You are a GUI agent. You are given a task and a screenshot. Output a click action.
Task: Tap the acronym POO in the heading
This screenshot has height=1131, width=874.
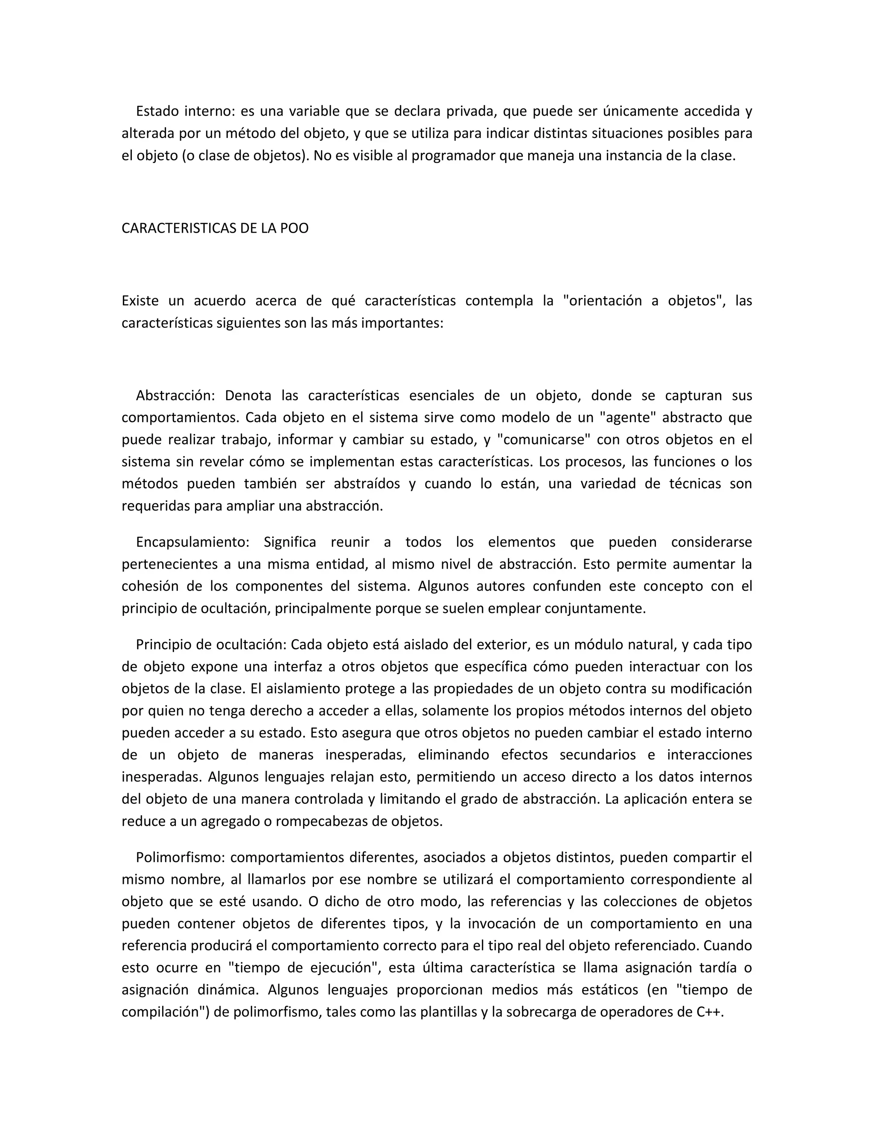click(x=294, y=228)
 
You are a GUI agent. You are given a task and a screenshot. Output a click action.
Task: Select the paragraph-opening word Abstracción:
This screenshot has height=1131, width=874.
click(x=175, y=396)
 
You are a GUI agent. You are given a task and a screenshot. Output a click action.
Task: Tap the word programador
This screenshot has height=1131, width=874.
click(x=454, y=156)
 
